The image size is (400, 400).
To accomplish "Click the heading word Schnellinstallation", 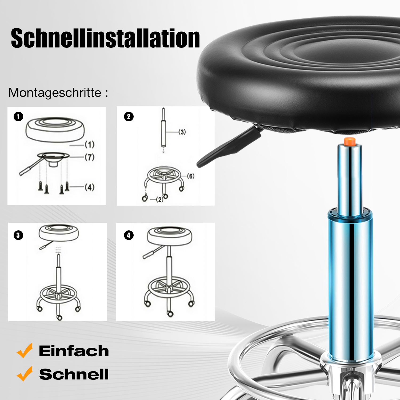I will [105, 38].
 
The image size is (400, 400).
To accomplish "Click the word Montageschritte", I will [55, 93].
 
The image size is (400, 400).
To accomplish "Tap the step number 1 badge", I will [18, 117].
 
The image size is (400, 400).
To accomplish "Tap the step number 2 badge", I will [129, 117].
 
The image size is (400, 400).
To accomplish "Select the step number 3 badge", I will [18, 235].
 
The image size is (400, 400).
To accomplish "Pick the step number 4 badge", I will [129, 235].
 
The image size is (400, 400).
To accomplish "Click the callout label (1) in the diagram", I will [90, 145].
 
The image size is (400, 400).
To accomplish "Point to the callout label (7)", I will [90, 157].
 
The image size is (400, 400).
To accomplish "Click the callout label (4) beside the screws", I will [90, 187].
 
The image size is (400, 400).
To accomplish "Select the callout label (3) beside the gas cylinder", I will [182, 132].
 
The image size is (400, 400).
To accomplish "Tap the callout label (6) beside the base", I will [191, 176].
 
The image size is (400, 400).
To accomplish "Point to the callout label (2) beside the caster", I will [159, 199].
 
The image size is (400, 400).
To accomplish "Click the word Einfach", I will [74, 351].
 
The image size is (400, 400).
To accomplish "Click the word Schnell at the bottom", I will [74, 374].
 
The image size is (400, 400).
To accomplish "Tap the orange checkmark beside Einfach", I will [25, 350].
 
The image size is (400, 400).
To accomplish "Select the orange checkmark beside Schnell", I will [25, 374].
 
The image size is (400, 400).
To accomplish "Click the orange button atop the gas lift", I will [349, 141].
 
